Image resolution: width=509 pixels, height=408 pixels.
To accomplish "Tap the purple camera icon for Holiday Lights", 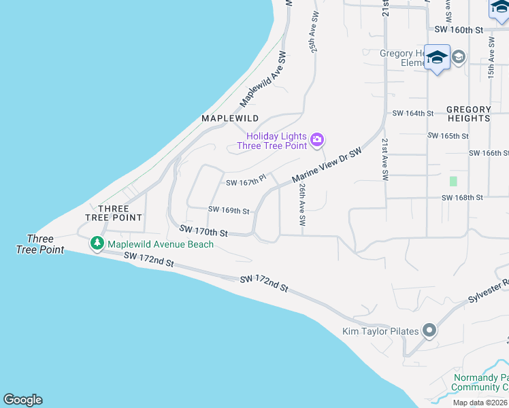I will point(316,140).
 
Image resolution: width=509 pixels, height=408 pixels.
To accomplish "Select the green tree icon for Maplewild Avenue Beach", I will point(97,243).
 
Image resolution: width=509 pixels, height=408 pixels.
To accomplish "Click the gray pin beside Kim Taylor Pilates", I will point(429,331).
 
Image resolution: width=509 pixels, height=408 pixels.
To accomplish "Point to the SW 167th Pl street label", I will point(245,182).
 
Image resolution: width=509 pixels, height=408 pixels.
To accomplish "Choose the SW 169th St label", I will point(229,211).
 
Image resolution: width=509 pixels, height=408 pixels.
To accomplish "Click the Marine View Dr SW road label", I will point(326,165).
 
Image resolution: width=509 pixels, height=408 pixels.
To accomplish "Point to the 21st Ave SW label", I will point(385,159).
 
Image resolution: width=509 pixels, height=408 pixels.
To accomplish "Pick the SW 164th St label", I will point(413,114).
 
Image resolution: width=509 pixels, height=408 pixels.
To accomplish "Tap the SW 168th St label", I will point(462,198).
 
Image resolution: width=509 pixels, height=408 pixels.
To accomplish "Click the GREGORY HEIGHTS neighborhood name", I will point(469,114).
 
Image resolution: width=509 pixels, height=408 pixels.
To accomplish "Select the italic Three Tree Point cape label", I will point(40,244).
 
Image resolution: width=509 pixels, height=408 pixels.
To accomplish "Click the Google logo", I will point(22,400).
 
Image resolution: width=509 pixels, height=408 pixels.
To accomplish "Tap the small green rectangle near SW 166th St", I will point(453,182).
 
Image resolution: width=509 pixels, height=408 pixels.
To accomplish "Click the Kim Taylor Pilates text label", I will point(380,332).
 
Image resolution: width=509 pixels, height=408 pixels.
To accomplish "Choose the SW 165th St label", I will point(448,136).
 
